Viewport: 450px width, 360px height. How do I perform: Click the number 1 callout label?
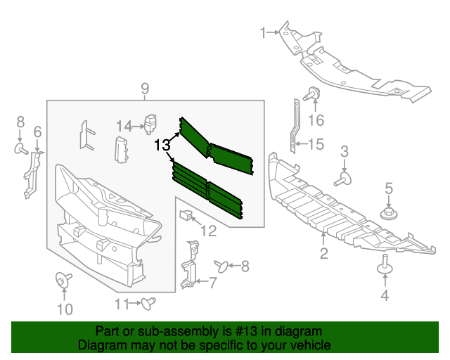(264, 32)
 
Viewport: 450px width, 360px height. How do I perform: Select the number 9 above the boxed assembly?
(144, 89)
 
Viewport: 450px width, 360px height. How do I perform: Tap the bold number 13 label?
(162, 146)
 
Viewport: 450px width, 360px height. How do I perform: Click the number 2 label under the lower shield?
(323, 254)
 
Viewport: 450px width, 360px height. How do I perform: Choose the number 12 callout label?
(208, 230)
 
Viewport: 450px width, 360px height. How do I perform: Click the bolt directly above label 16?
(312, 92)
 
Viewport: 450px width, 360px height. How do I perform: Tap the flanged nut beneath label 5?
(388, 213)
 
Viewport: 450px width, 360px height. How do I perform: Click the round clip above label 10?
(63, 281)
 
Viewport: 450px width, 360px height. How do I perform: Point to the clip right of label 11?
(148, 303)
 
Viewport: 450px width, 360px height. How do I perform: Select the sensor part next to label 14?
(150, 122)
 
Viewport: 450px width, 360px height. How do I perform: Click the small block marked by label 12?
(186, 214)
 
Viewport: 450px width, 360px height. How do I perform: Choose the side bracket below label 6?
(32, 174)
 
